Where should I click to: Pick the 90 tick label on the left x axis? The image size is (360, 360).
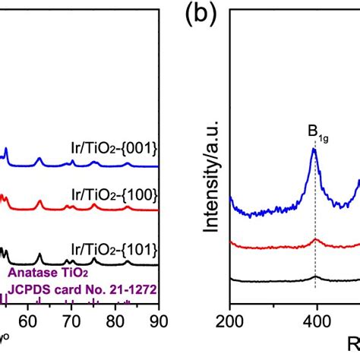tap(157, 321)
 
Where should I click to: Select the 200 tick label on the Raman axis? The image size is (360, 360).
tap(229, 321)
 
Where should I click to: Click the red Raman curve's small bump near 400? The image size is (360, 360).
tap(315, 240)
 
